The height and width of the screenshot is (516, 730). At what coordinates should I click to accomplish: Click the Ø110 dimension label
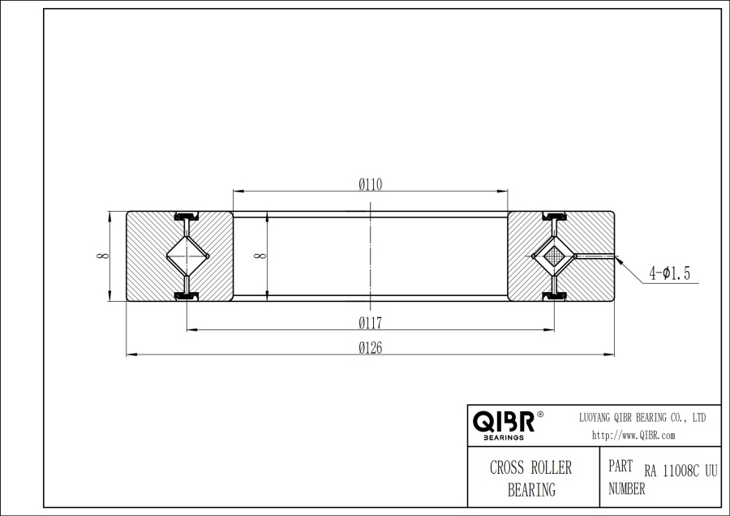coord(370,184)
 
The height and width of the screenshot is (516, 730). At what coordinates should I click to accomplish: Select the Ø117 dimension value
coord(370,323)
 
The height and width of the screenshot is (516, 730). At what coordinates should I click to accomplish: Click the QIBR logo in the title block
coord(503,421)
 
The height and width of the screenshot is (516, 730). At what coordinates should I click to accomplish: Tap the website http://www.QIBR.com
coord(633,436)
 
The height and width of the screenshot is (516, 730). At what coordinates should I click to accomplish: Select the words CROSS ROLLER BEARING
coord(531,479)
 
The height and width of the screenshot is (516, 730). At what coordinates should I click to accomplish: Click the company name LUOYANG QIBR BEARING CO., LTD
coord(642,417)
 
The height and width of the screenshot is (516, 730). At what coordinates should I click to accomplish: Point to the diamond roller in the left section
coord(187,256)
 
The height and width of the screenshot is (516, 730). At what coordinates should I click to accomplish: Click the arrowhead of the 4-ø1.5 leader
coord(619,260)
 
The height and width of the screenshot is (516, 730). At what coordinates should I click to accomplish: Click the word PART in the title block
coord(620,468)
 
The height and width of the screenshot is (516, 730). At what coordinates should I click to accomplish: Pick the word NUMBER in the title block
coord(627,489)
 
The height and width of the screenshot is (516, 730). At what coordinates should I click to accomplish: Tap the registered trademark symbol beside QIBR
coord(540,414)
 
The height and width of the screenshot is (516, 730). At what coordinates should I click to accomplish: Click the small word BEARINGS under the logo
coord(503,437)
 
